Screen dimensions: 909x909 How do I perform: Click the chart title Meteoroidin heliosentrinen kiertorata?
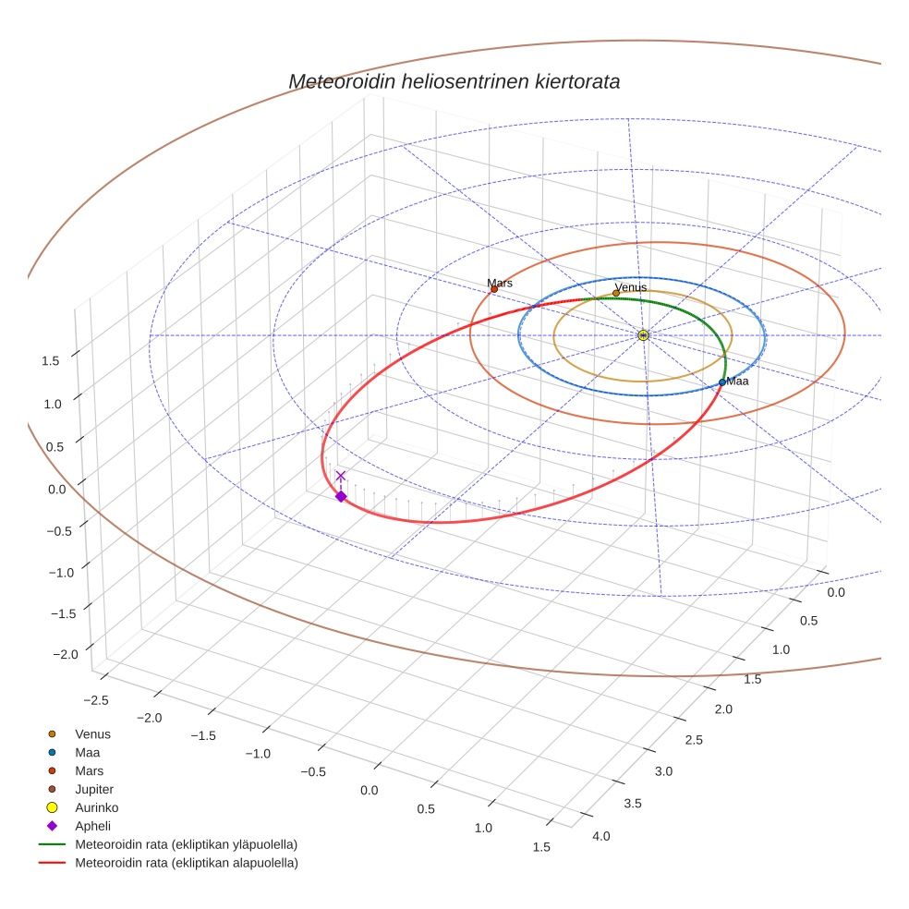454,81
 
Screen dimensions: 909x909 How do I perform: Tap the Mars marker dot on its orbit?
494,289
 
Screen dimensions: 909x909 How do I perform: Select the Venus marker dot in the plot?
616,293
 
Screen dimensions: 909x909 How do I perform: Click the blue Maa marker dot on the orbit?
722,382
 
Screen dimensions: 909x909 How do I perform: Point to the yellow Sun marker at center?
643,335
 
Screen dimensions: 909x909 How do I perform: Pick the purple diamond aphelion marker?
341,497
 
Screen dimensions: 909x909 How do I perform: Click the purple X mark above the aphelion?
341,476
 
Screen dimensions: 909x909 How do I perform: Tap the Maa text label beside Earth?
737,381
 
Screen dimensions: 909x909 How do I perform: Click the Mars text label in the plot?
500,283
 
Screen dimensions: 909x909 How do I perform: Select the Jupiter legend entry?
94,789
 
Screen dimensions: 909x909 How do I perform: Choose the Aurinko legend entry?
97,807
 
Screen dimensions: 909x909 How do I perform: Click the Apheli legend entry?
92,826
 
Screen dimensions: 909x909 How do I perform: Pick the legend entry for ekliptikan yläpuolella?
186,844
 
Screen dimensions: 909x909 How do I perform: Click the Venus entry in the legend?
92,733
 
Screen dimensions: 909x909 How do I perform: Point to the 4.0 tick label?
601,836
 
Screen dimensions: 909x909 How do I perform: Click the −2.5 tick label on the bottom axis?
96,699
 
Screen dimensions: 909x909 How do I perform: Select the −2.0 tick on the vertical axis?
65,655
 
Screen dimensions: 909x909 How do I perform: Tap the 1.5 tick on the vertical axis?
50,361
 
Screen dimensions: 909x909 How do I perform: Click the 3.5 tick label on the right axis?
633,804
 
